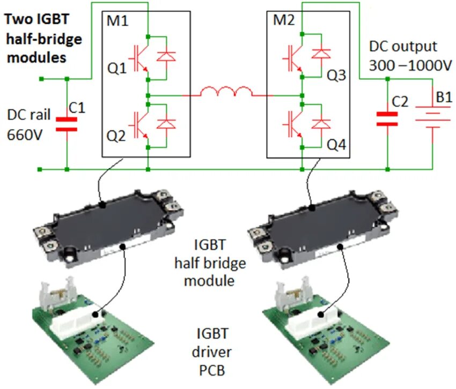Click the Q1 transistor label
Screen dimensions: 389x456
(x=117, y=69)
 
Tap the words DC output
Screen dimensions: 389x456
(x=402, y=46)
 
